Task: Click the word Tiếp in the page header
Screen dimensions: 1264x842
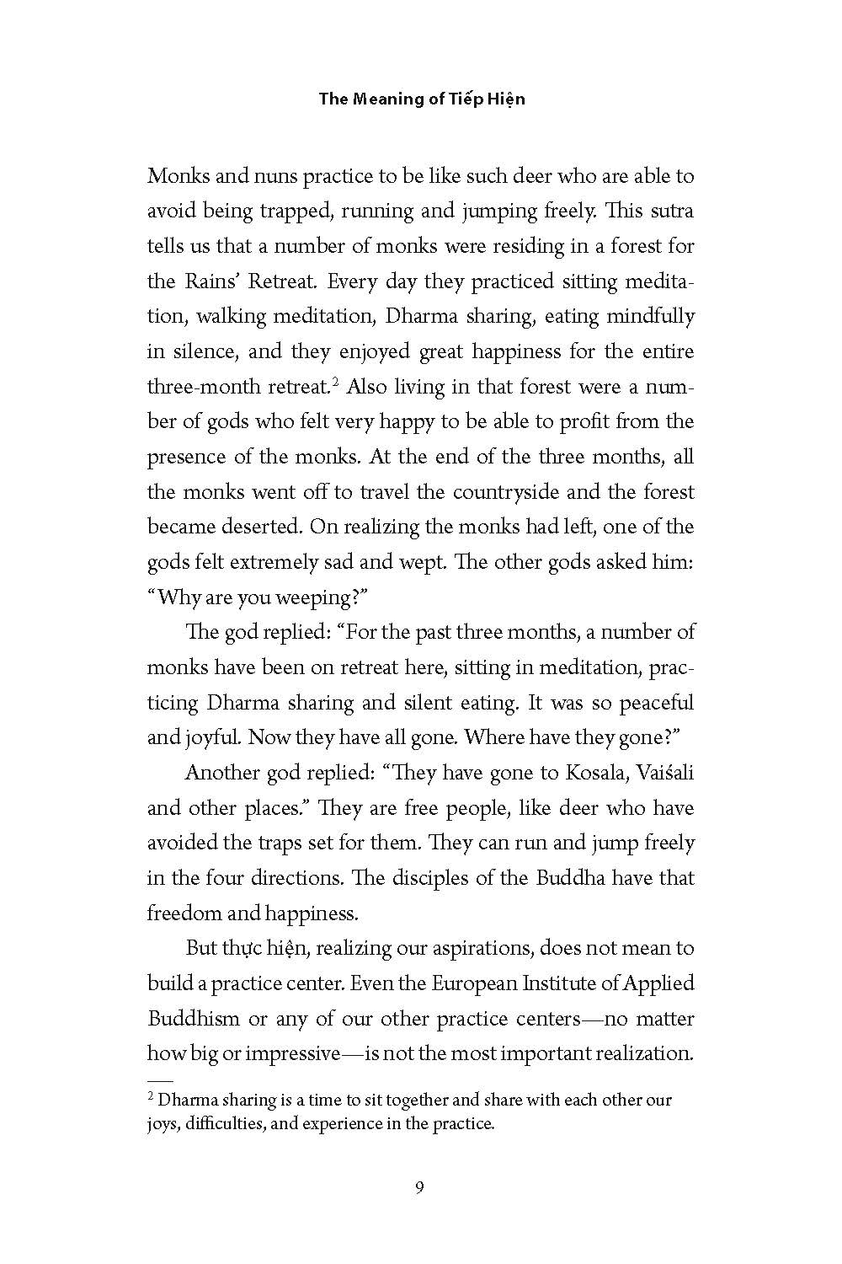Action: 461,99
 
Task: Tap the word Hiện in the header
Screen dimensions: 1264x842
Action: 505,99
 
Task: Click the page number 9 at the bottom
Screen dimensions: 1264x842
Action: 420,1189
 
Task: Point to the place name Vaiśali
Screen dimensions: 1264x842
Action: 661,773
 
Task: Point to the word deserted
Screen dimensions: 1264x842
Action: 250,528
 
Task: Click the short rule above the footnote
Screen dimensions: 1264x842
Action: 159,1080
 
